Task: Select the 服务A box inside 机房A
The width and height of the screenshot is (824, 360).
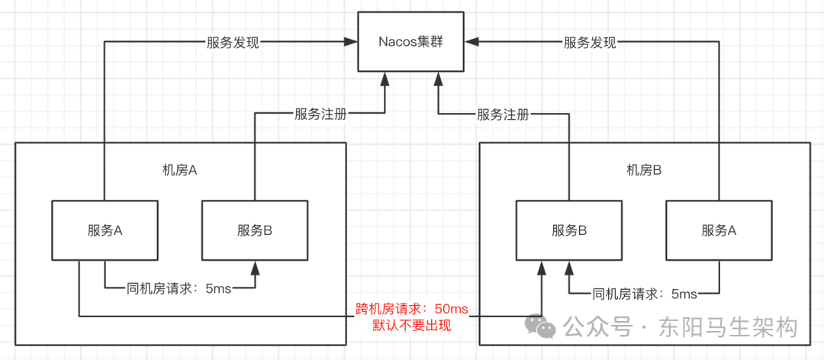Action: [105, 230]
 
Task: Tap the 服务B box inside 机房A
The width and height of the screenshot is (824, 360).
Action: [255, 230]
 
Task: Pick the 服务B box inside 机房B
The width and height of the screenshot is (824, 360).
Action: [568, 230]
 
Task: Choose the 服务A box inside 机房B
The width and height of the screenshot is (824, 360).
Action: [719, 230]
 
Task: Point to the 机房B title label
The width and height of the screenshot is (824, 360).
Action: [643, 170]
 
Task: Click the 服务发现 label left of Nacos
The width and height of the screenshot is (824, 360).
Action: [233, 43]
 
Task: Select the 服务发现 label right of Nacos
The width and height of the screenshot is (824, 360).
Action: [590, 43]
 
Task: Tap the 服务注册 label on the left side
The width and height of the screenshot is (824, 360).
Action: [320, 114]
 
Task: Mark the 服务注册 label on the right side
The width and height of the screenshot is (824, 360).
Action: [503, 114]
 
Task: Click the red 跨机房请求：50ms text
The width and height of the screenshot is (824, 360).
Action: [411, 310]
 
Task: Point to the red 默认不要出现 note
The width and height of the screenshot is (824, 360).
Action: [411, 326]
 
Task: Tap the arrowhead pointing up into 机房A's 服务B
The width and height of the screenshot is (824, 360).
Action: [255, 265]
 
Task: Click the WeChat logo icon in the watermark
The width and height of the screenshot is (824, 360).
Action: [545, 327]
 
